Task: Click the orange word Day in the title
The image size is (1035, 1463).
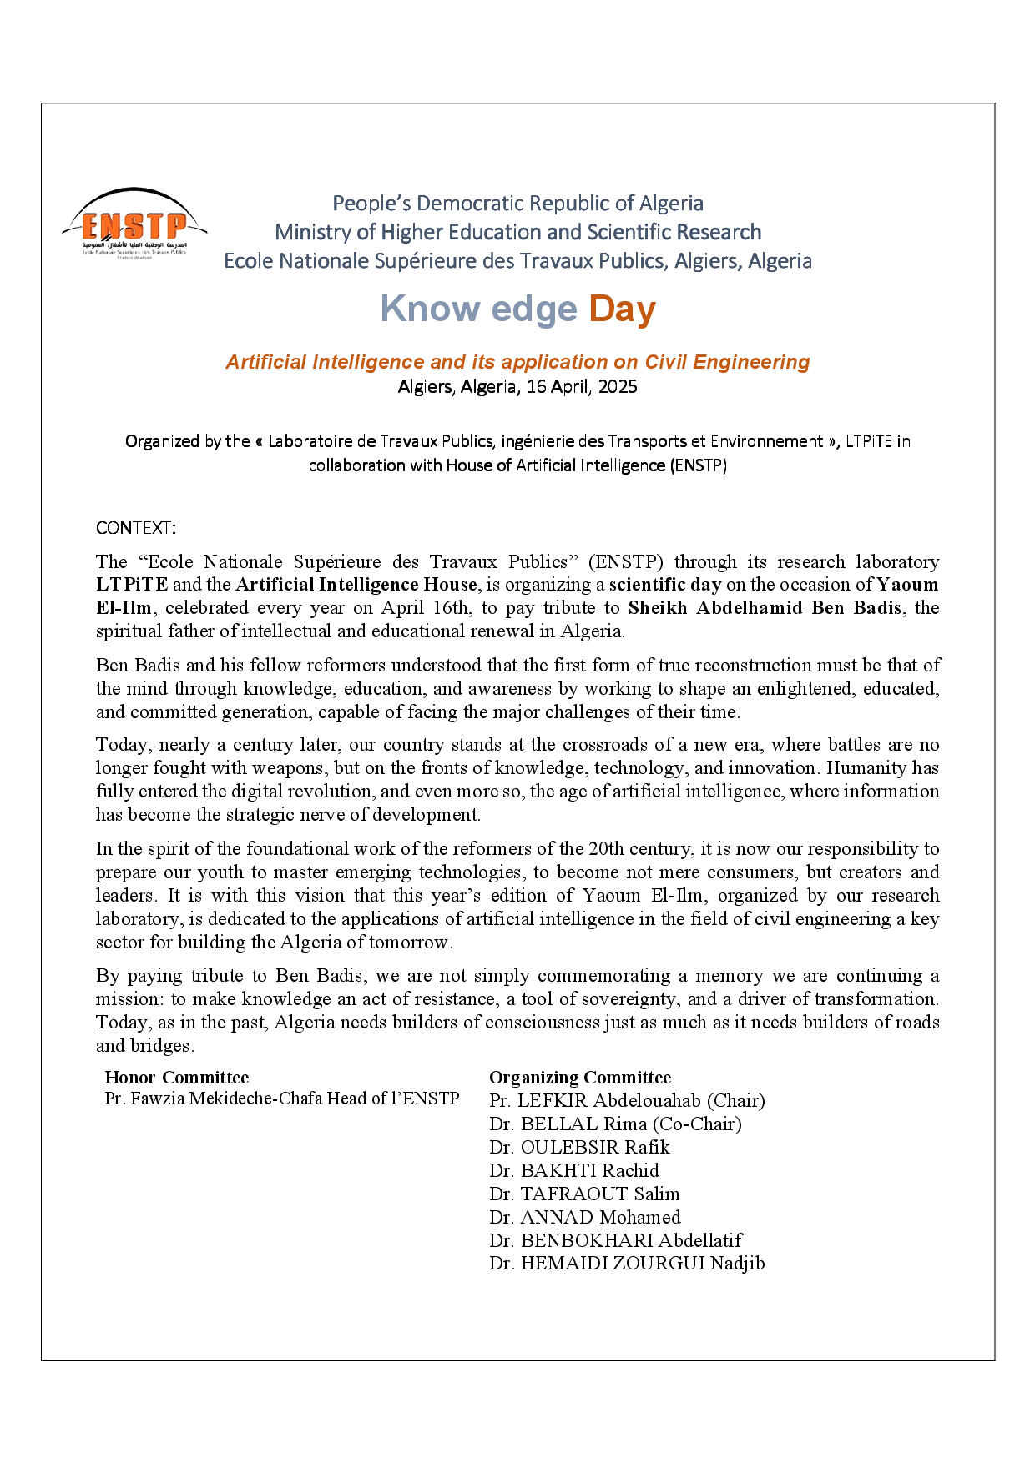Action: pyautogui.click(x=622, y=309)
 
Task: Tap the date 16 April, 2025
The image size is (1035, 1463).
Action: pyautogui.click(x=582, y=387)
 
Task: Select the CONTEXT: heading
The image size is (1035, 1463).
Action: pyautogui.click(x=136, y=528)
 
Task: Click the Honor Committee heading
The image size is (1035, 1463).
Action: pyautogui.click(x=177, y=1078)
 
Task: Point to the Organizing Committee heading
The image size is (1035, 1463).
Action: pyautogui.click(x=580, y=1078)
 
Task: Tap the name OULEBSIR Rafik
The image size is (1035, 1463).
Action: pyautogui.click(x=595, y=1148)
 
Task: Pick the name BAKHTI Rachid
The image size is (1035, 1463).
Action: pyautogui.click(x=589, y=1171)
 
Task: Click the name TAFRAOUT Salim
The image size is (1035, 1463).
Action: pyautogui.click(x=600, y=1194)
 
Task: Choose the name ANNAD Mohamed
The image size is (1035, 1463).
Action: pyautogui.click(x=600, y=1218)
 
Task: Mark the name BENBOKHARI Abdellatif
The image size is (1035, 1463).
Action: pyautogui.click(x=631, y=1241)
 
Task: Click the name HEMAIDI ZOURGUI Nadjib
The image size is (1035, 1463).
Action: pyautogui.click(x=643, y=1264)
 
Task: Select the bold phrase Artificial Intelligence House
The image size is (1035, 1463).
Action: pyautogui.click(x=356, y=585)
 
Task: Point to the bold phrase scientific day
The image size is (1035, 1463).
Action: pyautogui.click(x=665, y=585)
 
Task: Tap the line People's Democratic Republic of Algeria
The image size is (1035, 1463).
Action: pyautogui.click(x=517, y=204)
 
